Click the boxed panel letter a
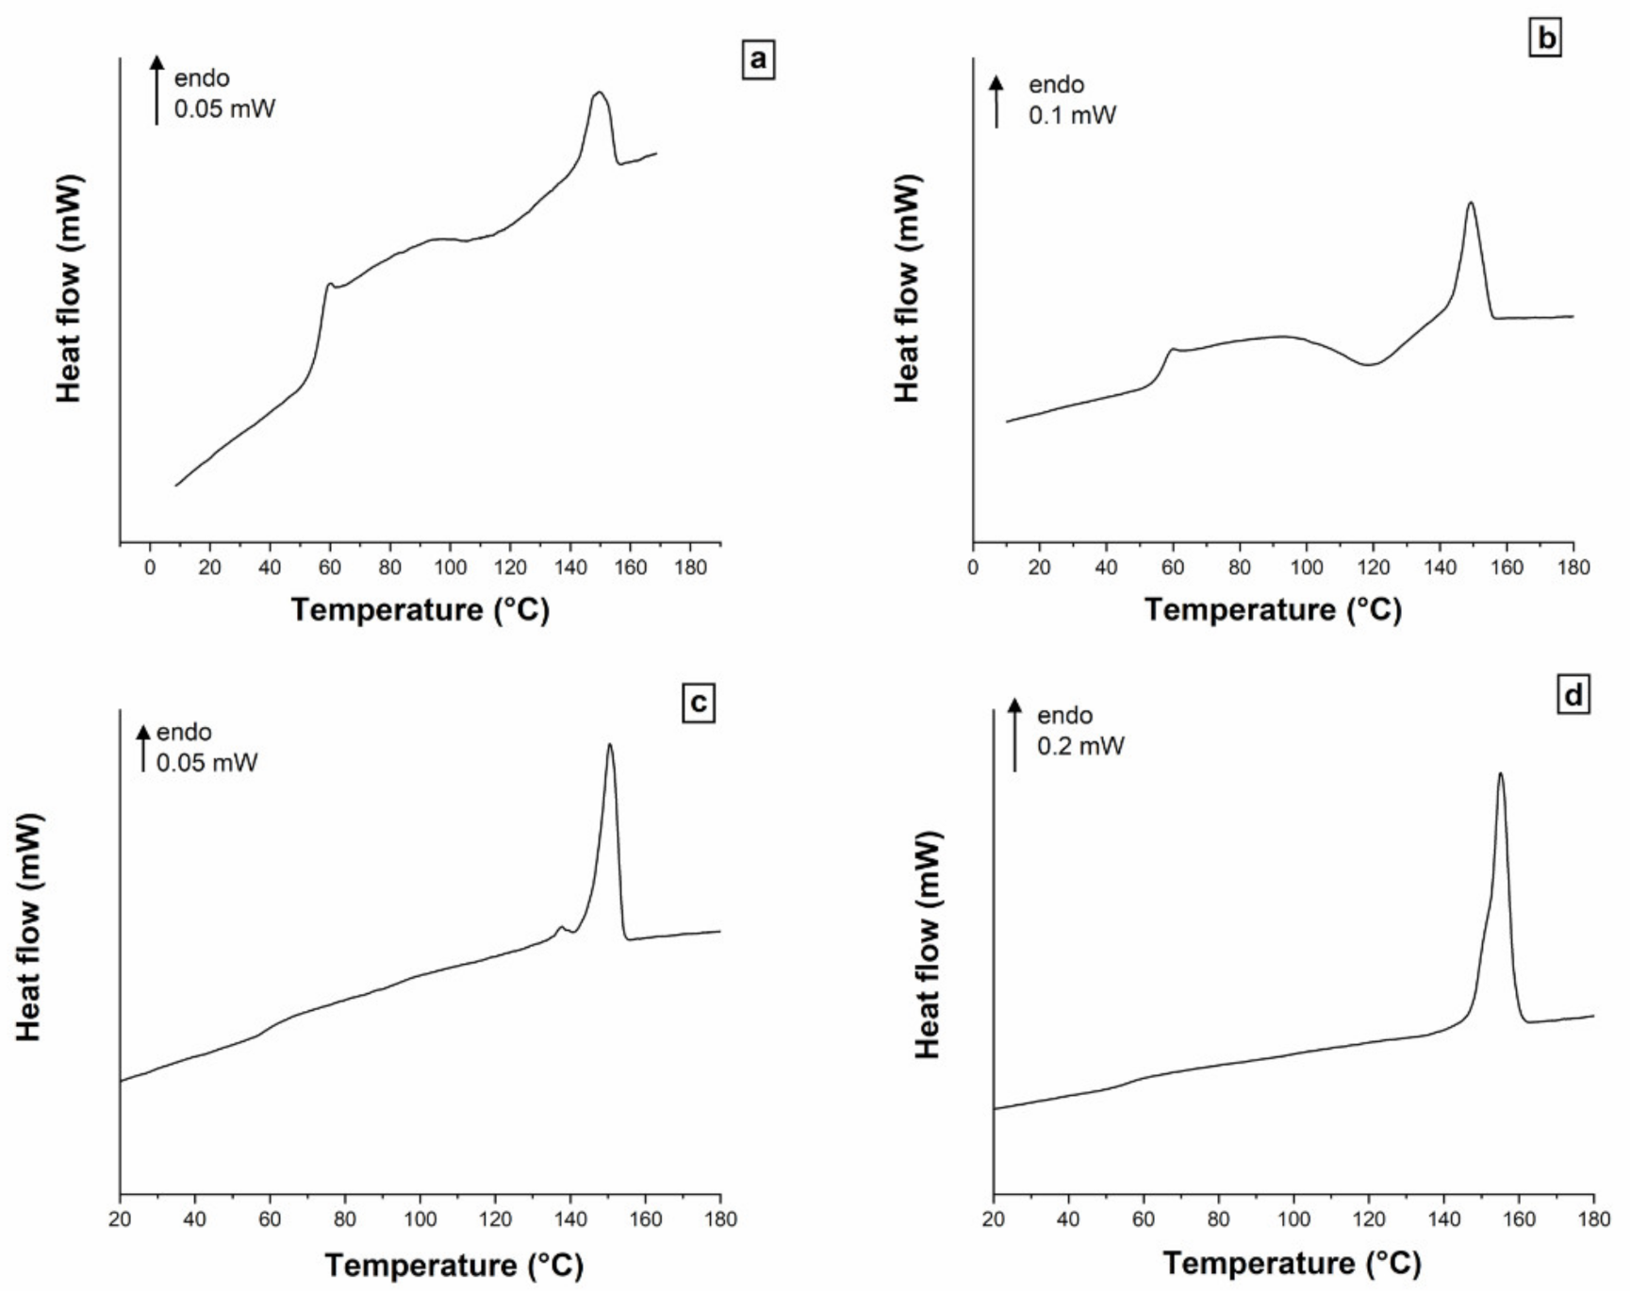click(758, 61)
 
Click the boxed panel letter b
click(1546, 39)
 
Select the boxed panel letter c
click(699, 704)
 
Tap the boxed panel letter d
click(1573, 696)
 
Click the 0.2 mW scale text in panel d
click(1080, 746)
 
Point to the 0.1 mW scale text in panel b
click(1072, 116)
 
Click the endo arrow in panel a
click(157, 90)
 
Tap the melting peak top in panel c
click(610, 745)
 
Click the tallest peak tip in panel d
click(1500, 774)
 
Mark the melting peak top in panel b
click(1470, 203)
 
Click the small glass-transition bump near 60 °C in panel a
click(329, 284)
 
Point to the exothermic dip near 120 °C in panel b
click(1370, 364)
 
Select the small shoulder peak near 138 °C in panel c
click(561, 928)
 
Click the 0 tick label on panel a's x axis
click(150, 568)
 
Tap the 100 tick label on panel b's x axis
click(1307, 568)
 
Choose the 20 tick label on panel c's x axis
click(120, 1219)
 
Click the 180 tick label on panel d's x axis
click(1593, 1219)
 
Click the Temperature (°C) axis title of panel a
click(420, 610)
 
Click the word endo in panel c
click(184, 733)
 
